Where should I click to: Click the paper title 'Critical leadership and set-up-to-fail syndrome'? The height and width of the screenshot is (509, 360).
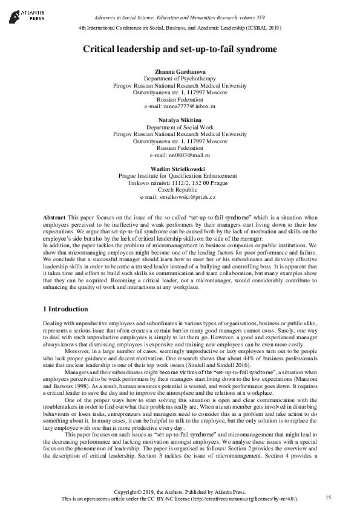coord(180,48)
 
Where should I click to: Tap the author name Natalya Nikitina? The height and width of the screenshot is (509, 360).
coord(180,120)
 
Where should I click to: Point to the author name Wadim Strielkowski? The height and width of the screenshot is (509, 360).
coord(180,168)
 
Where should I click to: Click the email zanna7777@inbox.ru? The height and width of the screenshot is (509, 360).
coord(180,106)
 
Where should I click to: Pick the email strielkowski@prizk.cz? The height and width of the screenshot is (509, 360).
coord(180,197)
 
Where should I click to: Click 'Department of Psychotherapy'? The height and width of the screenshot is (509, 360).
coord(180,79)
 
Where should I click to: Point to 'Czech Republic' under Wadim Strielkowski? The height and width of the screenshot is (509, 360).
coord(180,190)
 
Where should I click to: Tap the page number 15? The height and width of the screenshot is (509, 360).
coord(329,497)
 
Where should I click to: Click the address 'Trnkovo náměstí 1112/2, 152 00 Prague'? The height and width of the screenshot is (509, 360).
coord(180,183)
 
